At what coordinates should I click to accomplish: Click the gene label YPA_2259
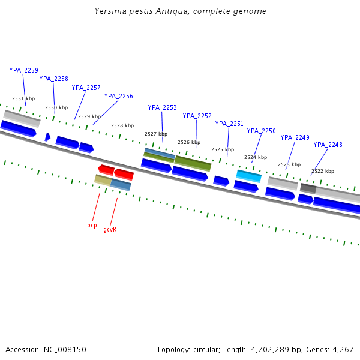pos(24,70)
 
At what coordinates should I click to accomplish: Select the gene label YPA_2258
pos(54,79)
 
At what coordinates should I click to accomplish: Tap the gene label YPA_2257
pos(86,88)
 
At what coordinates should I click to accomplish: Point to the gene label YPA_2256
pos(119,96)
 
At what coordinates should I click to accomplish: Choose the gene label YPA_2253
pos(163,107)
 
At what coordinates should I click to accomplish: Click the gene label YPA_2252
pos(197,116)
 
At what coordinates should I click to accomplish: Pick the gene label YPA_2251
pos(229,124)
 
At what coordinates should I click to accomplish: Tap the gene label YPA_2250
pos(262,131)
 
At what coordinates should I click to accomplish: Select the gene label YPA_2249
pos(295,137)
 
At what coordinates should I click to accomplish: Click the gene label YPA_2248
pos(328,145)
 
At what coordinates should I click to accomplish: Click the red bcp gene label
pos(92,225)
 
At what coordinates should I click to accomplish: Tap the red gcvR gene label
pos(110,229)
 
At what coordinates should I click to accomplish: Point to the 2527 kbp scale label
pos(155,134)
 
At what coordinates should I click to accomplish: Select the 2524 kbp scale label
pos(255,157)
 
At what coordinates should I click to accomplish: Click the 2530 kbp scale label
pos(56,107)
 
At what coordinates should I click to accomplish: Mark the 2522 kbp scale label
pos(323,171)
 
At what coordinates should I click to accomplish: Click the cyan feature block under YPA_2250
pos(249,176)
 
